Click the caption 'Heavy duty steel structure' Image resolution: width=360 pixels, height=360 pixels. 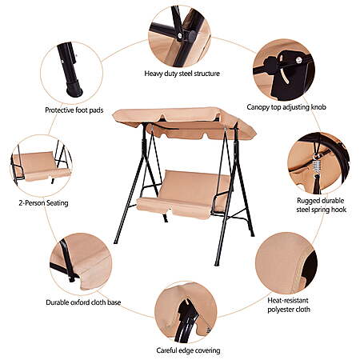click(182, 74)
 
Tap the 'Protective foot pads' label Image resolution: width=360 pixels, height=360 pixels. click(74, 110)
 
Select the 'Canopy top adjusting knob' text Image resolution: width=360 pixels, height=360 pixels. click(286, 107)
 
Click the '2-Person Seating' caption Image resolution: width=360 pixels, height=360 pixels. click(43, 203)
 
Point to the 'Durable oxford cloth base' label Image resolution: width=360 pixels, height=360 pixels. click(83, 302)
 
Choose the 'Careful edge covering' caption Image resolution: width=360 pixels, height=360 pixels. click(188, 350)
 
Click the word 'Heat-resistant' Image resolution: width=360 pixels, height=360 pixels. click(288, 301)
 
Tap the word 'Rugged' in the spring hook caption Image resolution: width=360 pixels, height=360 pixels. click(307, 201)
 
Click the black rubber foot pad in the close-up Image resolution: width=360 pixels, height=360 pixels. click(74, 89)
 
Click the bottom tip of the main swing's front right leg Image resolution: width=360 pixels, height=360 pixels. click(217, 265)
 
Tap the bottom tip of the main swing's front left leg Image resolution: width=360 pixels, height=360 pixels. click(115, 242)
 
